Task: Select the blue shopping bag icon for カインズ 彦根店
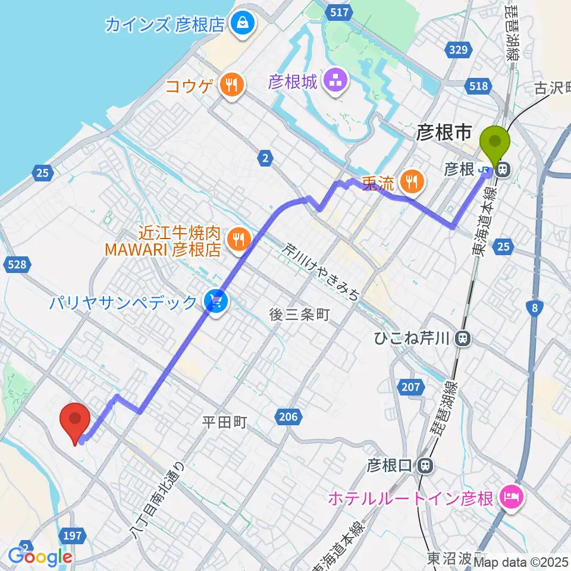click(243, 24)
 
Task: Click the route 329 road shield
click(459, 51)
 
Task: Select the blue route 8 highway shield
click(535, 308)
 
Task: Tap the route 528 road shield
click(17, 264)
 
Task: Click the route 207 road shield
click(410, 387)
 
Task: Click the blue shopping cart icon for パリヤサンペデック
click(214, 302)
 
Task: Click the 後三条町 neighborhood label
click(299, 315)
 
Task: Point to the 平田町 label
click(224, 422)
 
